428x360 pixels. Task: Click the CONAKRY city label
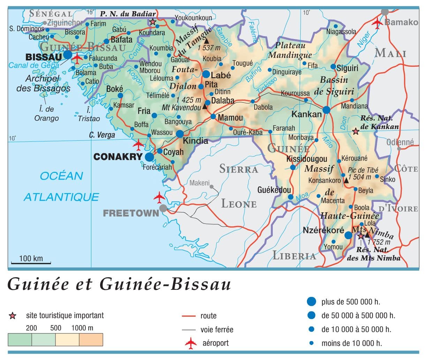click(x=118, y=157)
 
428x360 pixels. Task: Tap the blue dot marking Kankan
click(x=326, y=110)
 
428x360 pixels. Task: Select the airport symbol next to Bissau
click(x=77, y=58)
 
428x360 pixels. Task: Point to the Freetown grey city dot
click(x=163, y=208)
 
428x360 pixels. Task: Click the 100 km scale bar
click(x=31, y=262)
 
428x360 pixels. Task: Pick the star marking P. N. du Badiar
click(x=152, y=22)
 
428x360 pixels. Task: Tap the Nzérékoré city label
click(x=323, y=230)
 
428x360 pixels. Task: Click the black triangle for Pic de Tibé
click(x=346, y=181)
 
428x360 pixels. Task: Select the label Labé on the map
click(x=221, y=75)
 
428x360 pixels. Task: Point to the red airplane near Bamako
click(x=377, y=23)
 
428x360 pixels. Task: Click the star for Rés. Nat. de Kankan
click(x=355, y=131)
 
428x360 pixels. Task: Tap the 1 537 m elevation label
click(x=209, y=48)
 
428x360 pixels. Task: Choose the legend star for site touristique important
click(x=13, y=316)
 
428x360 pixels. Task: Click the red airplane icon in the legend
click(x=191, y=343)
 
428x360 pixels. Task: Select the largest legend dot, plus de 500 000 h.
click(x=311, y=302)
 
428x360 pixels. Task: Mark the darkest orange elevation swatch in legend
click(x=91, y=339)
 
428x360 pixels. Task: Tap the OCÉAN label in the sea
click(x=61, y=176)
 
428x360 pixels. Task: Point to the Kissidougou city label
click(x=307, y=159)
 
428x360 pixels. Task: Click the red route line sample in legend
click(x=189, y=316)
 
